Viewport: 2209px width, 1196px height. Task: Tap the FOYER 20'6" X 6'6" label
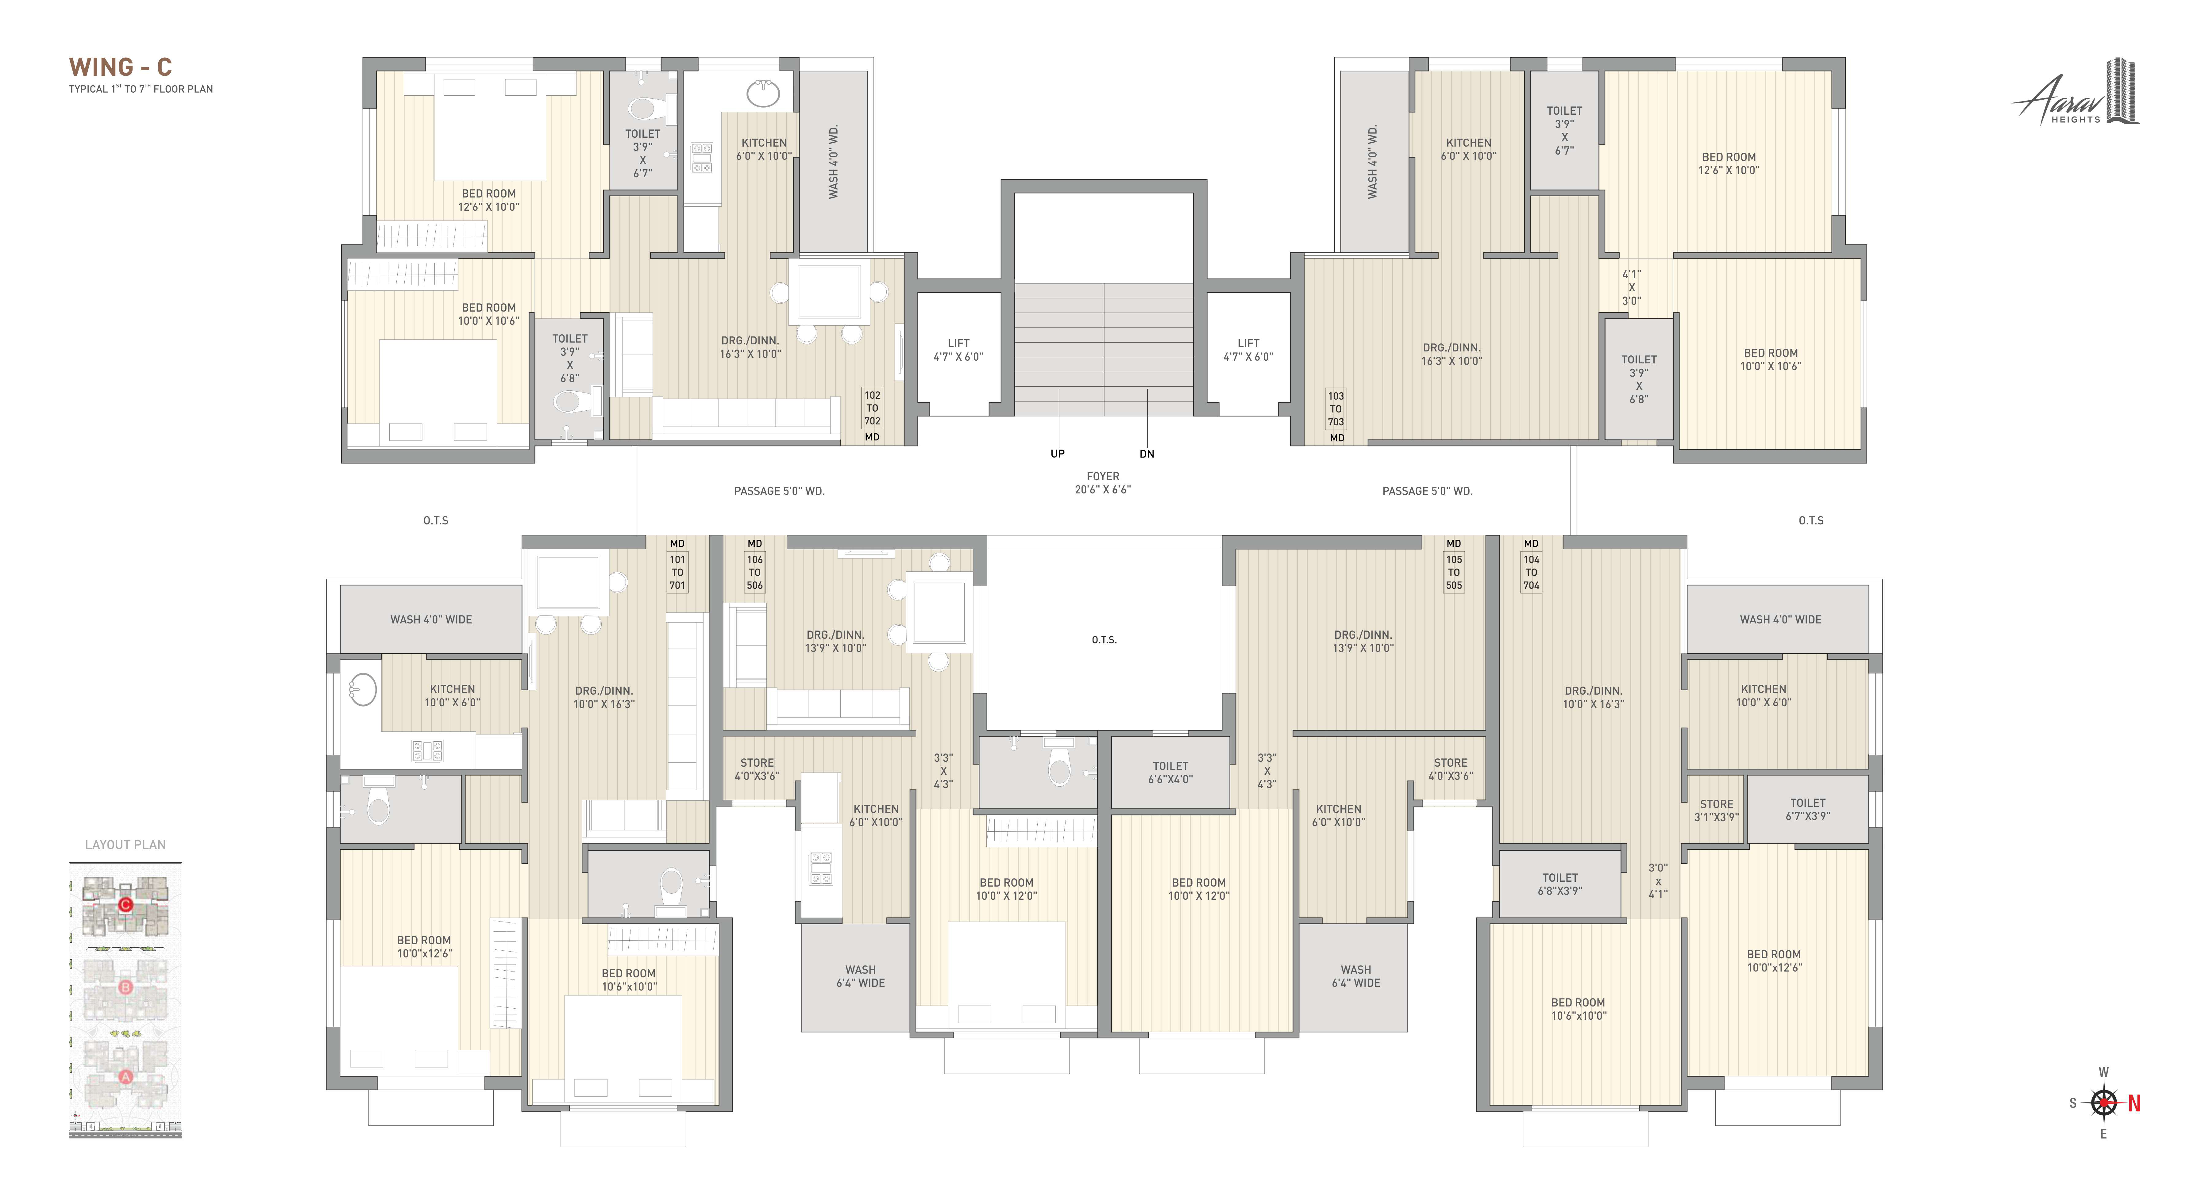(x=1103, y=483)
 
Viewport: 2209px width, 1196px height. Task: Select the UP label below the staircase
(x=1057, y=454)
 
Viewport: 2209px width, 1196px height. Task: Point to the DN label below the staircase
(x=1147, y=454)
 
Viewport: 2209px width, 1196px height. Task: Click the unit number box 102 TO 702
(x=872, y=408)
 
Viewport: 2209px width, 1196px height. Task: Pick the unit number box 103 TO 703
(x=1336, y=409)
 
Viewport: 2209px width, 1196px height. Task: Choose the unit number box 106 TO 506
(x=755, y=572)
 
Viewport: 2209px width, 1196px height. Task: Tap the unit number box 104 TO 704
(x=1532, y=572)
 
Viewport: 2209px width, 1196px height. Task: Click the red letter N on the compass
(x=2134, y=1103)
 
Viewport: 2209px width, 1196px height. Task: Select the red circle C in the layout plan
(x=125, y=904)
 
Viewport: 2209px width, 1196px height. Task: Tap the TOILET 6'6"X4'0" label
(x=1170, y=772)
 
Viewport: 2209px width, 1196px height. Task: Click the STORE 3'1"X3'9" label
(x=1717, y=810)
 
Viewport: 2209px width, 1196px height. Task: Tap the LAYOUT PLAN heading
(x=125, y=845)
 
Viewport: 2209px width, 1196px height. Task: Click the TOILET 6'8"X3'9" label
(x=1560, y=884)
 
